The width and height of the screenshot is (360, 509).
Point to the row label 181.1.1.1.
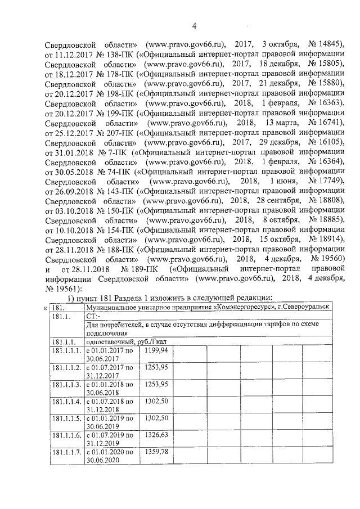coord(66,350)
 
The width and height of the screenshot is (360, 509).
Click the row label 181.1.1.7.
coord(66,452)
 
